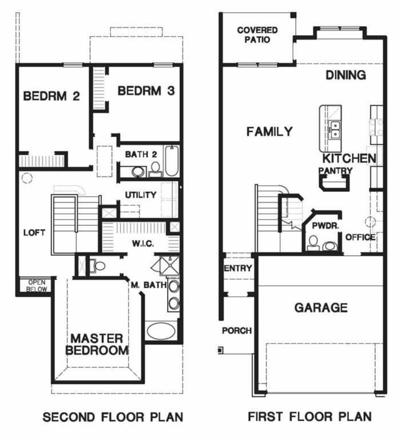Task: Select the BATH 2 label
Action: [x=141, y=154]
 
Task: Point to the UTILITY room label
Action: [x=141, y=195]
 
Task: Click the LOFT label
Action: [x=34, y=233]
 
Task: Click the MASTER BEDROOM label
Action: [x=97, y=344]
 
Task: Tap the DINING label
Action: [x=346, y=75]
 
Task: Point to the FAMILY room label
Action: [x=269, y=132]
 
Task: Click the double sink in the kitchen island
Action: [x=334, y=130]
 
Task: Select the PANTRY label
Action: [x=335, y=170]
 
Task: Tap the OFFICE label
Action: [x=360, y=237]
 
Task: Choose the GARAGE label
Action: [x=320, y=308]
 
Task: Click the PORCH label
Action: [x=236, y=331]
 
